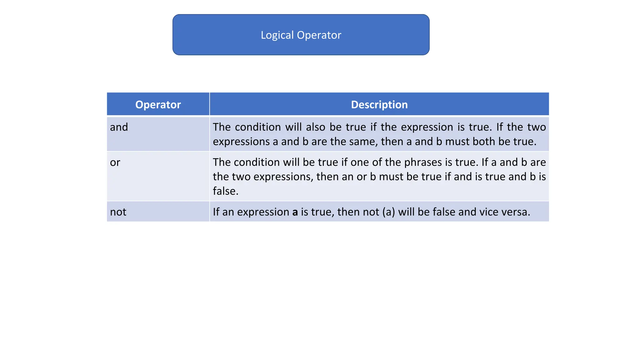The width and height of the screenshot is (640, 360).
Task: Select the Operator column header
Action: (158, 105)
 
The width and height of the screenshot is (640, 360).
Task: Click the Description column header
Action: (379, 105)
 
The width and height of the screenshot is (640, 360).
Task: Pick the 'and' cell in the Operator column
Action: (119, 127)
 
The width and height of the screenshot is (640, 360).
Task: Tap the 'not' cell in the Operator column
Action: (118, 212)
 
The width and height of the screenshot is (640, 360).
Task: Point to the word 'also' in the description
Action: (315, 127)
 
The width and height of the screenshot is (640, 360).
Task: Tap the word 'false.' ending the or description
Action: (226, 191)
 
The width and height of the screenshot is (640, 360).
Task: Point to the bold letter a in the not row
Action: (295, 212)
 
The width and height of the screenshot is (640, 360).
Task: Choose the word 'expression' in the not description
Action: (263, 212)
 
